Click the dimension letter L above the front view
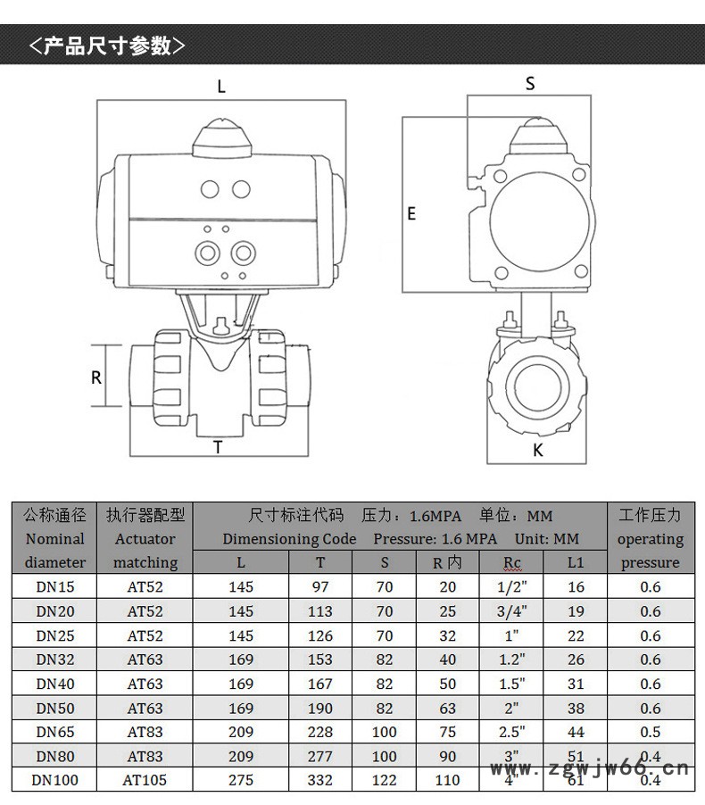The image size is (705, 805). [x=221, y=87]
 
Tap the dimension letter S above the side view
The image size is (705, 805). [x=530, y=84]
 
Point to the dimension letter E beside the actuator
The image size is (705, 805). [x=411, y=213]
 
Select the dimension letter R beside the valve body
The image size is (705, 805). [x=96, y=377]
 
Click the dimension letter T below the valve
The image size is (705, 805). [x=218, y=447]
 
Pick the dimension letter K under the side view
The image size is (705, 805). [x=537, y=451]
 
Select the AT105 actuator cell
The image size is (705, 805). [x=145, y=780]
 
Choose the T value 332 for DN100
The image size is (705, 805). [x=321, y=780]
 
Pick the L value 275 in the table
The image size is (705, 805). [x=241, y=780]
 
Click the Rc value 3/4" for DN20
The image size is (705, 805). [x=512, y=611]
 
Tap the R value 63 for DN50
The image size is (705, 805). [x=447, y=708]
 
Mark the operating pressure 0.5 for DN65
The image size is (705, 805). [x=651, y=732]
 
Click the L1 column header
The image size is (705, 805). [x=576, y=562]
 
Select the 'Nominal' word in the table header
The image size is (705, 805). [x=55, y=539]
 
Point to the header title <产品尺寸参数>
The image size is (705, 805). [x=107, y=46]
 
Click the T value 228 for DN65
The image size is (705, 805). [x=321, y=732]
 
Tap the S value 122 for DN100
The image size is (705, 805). [x=385, y=780]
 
